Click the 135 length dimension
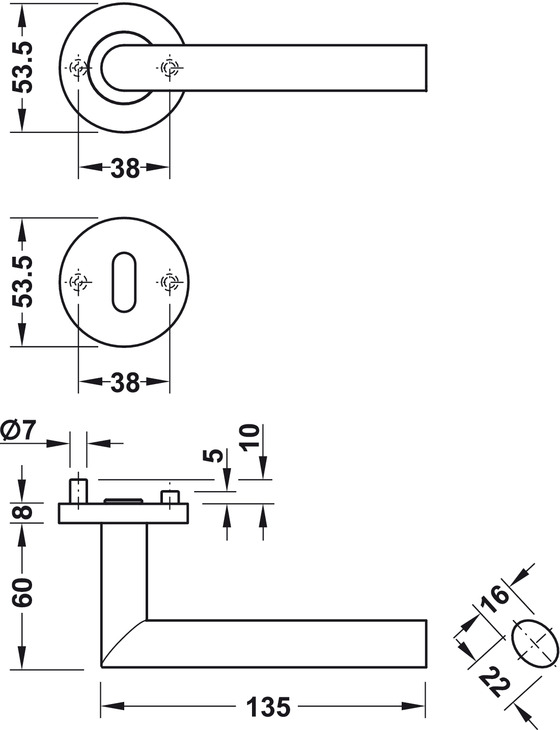pyautogui.click(x=269, y=707)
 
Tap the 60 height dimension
pyautogui.click(x=22, y=592)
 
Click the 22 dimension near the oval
pyautogui.click(x=495, y=682)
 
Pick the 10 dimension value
pyautogui.click(x=250, y=436)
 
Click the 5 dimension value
pyautogui.click(x=214, y=456)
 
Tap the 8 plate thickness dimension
pyautogui.click(x=22, y=513)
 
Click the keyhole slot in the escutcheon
pyautogui.click(x=123, y=282)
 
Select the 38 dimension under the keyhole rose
pyautogui.click(x=125, y=382)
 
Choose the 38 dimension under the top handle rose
pyautogui.click(x=125, y=168)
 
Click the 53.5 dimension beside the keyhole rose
pyautogui.click(x=22, y=282)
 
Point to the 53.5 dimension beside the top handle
pyautogui.click(x=22, y=68)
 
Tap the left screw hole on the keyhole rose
pyautogui.click(x=78, y=282)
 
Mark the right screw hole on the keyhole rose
pyautogui.click(x=169, y=282)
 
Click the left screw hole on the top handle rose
pyautogui.click(x=78, y=68)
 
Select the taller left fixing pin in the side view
pyautogui.click(x=78, y=491)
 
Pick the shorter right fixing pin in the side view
pyautogui.click(x=170, y=497)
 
